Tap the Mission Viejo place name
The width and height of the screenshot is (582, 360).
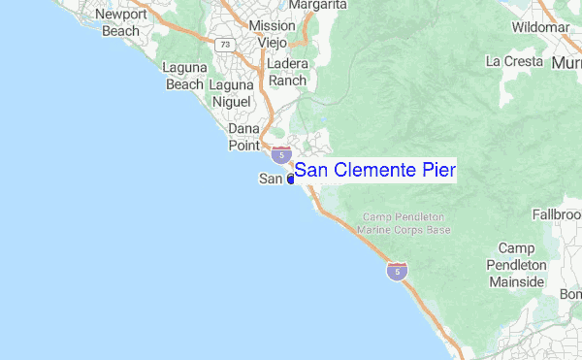click(x=272, y=35)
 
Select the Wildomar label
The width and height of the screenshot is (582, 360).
click(x=540, y=26)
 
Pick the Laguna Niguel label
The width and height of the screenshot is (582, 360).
click(x=230, y=92)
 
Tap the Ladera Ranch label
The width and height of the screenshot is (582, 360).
click(x=287, y=72)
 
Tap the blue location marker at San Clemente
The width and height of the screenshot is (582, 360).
click(x=290, y=180)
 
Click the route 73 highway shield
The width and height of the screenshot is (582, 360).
click(x=224, y=44)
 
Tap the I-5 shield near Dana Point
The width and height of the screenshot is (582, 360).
click(x=281, y=153)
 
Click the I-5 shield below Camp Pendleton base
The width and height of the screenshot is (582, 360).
click(x=396, y=271)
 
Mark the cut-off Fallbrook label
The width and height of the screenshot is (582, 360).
click(x=557, y=213)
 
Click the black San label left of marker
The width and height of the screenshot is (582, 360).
click(x=271, y=179)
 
